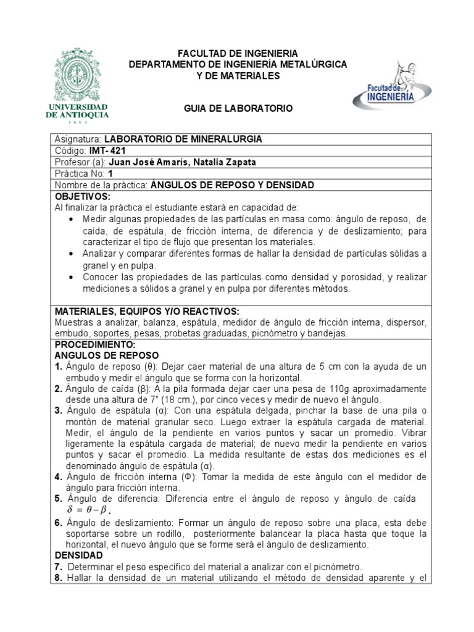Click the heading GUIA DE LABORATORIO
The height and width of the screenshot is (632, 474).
click(238, 108)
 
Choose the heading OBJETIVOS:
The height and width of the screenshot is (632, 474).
click(82, 196)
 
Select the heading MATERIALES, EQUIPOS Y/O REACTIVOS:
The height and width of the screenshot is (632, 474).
click(147, 311)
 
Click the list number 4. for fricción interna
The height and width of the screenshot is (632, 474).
click(58, 476)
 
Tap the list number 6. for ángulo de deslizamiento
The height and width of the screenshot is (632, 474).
click(58, 523)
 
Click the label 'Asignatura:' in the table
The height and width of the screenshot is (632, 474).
click(78, 139)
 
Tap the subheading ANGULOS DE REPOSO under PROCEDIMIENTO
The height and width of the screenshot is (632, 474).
click(107, 355)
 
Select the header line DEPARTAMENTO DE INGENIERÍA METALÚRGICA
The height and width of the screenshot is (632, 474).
click(238, 64)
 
